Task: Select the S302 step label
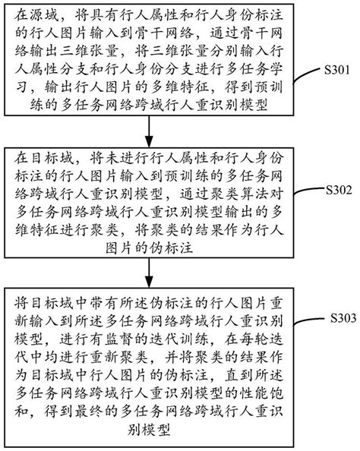coord(337,188)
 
